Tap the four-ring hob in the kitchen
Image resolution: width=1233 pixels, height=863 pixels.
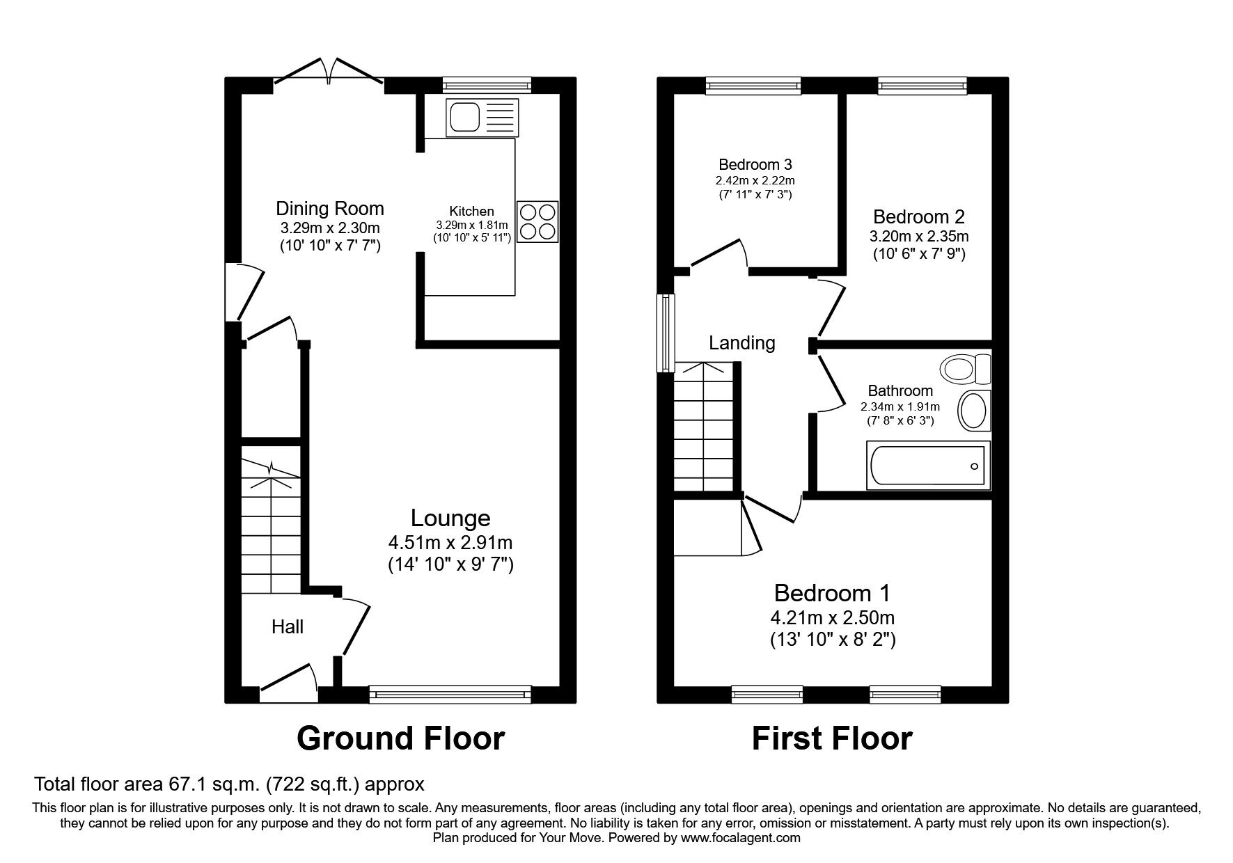537,221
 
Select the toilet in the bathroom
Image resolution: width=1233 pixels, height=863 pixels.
965,368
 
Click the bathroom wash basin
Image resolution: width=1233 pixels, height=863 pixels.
974,411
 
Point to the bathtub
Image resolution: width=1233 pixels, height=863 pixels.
927,466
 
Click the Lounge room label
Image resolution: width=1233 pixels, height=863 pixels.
450,518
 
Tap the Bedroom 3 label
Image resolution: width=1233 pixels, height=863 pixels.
755,165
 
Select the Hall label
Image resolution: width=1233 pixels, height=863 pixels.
288,627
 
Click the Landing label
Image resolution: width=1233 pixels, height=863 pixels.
741,342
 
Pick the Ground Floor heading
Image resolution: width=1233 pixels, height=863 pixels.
400,738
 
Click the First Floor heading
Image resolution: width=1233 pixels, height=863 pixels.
831,738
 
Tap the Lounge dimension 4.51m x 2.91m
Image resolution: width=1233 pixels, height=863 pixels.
450,542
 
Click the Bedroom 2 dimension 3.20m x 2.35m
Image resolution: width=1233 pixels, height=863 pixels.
919,237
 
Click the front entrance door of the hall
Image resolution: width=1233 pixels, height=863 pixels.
289,686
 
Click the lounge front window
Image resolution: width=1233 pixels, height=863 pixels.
450,693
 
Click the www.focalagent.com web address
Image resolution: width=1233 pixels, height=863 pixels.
741,838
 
